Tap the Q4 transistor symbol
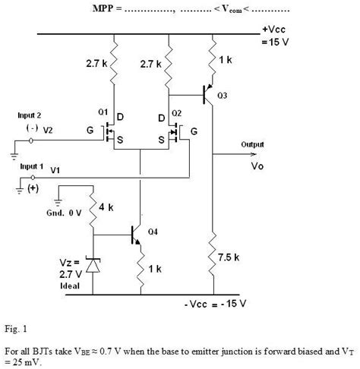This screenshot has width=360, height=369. coord(137,235)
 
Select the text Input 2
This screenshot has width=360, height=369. coord(30,115)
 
